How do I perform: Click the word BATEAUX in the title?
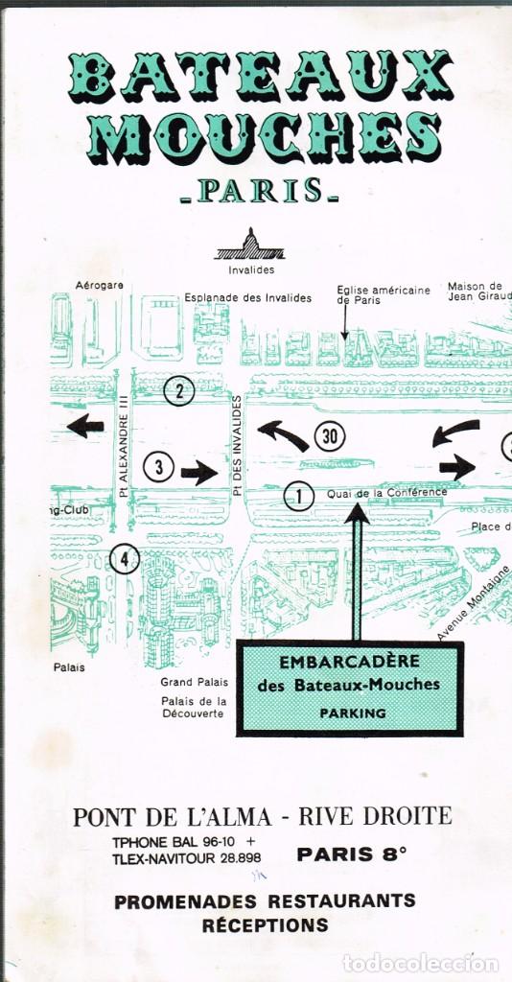(260, 76)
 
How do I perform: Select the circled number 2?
(179, 390)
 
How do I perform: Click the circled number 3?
(159, 467)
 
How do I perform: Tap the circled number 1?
(299, 496)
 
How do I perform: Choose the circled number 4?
(125, 557)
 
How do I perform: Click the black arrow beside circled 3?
(199, 471)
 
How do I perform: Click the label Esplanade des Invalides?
(248, 298)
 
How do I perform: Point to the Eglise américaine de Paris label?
(383, 294)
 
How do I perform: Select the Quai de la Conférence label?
(386, 493)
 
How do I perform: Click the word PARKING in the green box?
(353, 713)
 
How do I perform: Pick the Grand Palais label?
(195, 682)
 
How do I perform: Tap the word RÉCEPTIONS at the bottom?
(265, 925)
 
